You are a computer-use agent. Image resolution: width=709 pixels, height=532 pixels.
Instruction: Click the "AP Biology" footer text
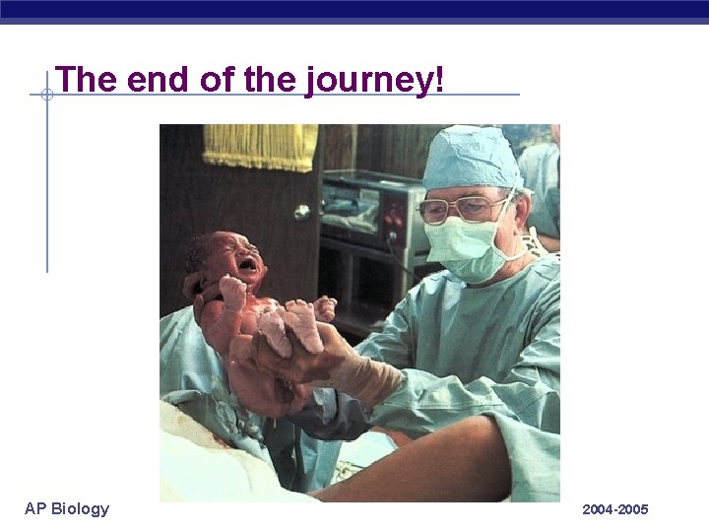click(67, 508)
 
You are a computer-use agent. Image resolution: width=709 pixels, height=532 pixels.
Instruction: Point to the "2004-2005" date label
click(614, 509)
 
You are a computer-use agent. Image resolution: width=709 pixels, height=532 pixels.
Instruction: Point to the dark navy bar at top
click(354, 10)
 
